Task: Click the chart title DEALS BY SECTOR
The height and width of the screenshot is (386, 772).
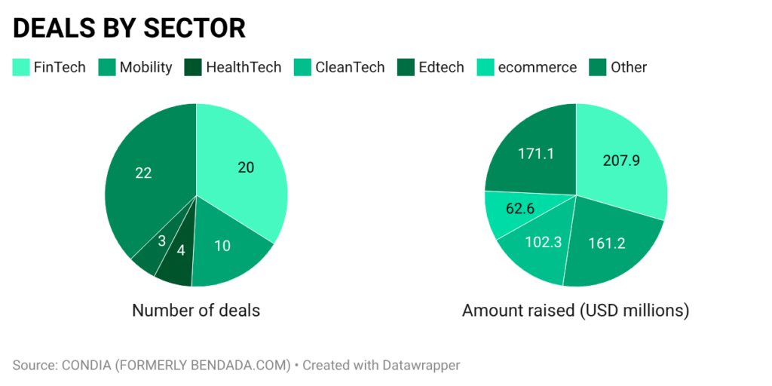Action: click(129, 28)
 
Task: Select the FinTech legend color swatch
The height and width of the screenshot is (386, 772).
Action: click(20, 67)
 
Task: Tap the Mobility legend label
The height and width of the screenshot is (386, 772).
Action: click(146, 67)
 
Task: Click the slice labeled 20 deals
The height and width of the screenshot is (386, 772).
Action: click(246, 167)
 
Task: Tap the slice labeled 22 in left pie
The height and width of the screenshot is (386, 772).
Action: click(143, 173)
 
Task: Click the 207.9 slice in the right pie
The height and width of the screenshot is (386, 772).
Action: click(621, 161)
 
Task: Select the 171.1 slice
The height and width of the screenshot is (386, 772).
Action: click(535, 153)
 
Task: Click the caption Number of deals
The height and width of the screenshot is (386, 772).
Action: click(196, 310)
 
